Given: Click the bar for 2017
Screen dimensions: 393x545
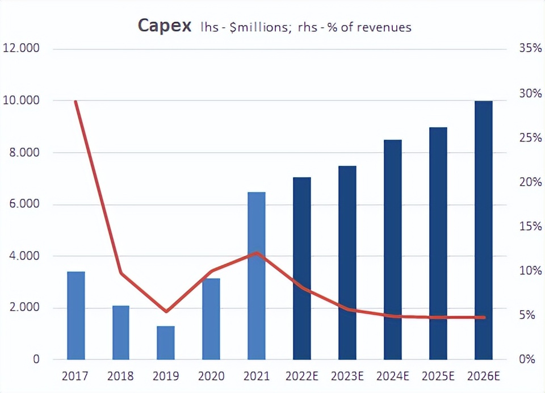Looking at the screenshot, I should pos(76,315).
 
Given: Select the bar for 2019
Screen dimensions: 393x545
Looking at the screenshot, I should pos(166,342).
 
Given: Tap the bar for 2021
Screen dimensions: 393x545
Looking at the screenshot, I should pos(256,275).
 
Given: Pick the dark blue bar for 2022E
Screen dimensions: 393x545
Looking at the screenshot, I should pos(301,268).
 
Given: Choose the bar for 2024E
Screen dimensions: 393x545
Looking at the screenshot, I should pos(392,249).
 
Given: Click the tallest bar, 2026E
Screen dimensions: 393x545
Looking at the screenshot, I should pos(483,230).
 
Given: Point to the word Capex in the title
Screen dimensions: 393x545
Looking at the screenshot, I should pos(164,26).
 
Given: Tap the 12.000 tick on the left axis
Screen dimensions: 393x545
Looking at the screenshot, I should pos(21,48).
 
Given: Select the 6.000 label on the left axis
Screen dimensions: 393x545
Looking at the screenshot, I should pos(21,204).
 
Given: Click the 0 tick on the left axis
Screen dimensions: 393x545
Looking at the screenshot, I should pos(35,359).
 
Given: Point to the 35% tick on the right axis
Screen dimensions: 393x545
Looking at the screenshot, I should pos(530,48).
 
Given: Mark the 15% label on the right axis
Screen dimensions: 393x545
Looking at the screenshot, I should pos(530,226).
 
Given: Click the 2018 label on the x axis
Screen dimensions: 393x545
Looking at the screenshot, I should pos(121,376).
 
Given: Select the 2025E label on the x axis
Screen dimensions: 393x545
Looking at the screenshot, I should pos(438,376).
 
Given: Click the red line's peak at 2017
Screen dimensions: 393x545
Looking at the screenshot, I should pos(76,101).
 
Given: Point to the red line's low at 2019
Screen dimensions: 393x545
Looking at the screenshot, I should pos(166,311).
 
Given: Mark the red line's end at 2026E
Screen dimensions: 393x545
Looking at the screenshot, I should pos(484,317).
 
